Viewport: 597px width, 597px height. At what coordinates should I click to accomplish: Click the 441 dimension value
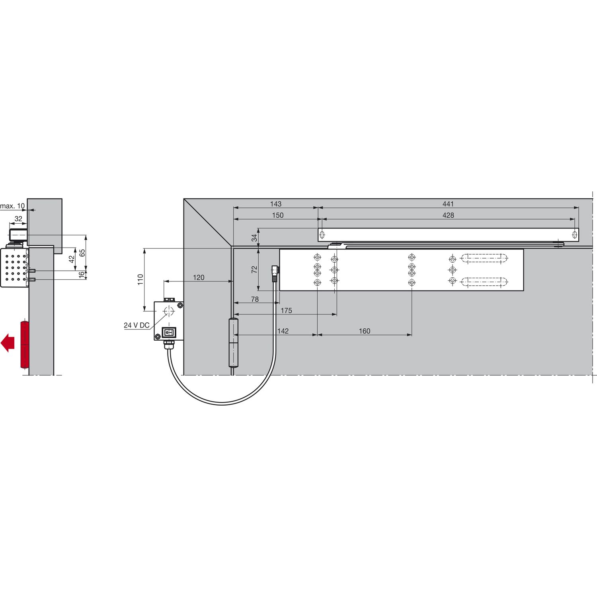[x=448, y=204]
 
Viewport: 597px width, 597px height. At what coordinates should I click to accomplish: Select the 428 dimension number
[x=448, y=215]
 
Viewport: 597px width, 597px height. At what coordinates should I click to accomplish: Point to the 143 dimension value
[x=276, y=204]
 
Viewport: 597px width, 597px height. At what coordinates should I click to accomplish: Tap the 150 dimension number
[x=278, y=215]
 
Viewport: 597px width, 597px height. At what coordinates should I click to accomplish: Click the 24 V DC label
[x=137, y=325]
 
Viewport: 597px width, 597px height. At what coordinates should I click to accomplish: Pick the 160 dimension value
[x=365, y=331]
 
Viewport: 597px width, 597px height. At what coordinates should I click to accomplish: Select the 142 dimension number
[x=283, y=331]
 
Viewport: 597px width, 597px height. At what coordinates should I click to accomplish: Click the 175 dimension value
[x=287, y=310]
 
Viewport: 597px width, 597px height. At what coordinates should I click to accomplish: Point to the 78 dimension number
[x=255, y=299]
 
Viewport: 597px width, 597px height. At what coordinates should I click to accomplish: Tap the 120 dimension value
[x=199, y=277]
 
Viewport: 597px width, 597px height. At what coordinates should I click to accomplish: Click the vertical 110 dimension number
[x=140, y=279]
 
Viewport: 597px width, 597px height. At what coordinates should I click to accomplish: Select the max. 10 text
[x=12, y=206]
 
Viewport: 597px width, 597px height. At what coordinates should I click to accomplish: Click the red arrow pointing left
[x=8, y=343]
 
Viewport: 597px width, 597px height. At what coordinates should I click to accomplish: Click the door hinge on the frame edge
[x=233, y=342]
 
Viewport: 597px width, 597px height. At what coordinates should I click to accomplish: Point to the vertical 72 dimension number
[x=255, y=269]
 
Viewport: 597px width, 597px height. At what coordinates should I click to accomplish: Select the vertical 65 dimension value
[x=82, y=253]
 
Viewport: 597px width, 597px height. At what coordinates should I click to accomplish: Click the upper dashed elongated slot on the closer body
[x=484, y=258]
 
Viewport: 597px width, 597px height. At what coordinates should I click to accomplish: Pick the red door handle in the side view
[x=24, y=345]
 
